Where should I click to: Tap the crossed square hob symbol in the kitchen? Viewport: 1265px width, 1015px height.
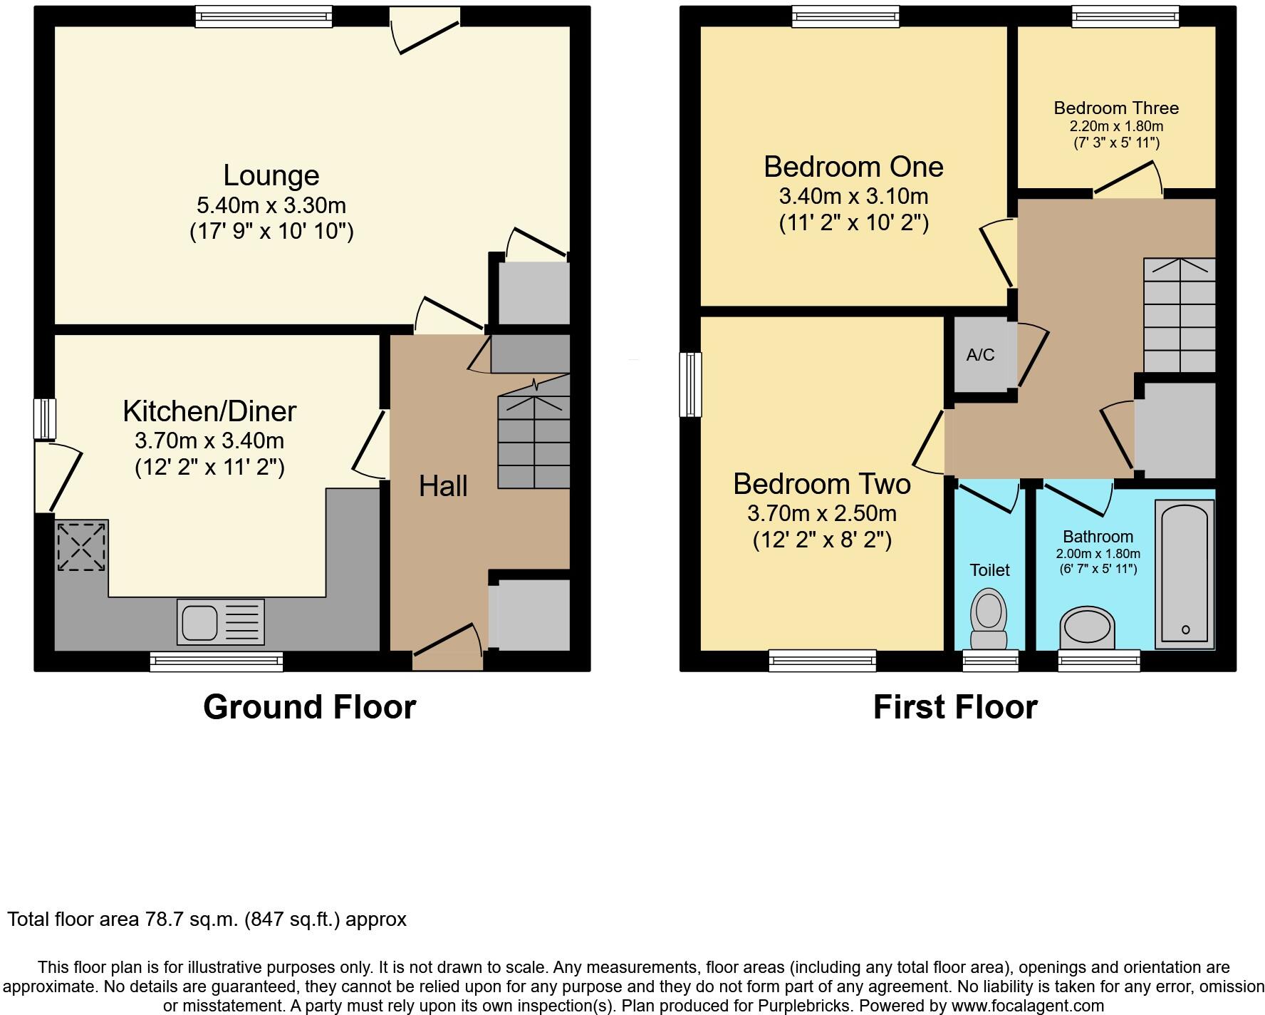tap(81, 547)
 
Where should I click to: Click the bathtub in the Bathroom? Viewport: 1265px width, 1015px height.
tap(1185, 574)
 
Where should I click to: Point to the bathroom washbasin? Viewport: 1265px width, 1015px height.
tap(1086, 629)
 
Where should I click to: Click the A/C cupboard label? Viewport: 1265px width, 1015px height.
tap(980, 355)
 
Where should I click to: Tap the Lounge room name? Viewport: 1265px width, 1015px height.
tap(271, 175)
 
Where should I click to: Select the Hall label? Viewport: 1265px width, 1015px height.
tap(443, 486)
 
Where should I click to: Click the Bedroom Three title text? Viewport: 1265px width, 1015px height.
tap(1115, 108)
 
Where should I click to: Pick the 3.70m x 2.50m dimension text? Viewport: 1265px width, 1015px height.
tap(821, 513)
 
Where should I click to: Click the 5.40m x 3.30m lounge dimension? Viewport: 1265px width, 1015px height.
tap(271, 205)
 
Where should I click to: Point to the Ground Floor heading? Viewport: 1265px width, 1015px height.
tap(309, 707)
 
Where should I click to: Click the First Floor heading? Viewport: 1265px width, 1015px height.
tap(954, 707)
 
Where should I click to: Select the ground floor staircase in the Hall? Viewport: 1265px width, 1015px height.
tap(533, 442)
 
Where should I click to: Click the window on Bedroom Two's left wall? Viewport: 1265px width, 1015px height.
tap(690, 384)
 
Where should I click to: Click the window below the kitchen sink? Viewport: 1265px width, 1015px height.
tap(216, 661)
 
